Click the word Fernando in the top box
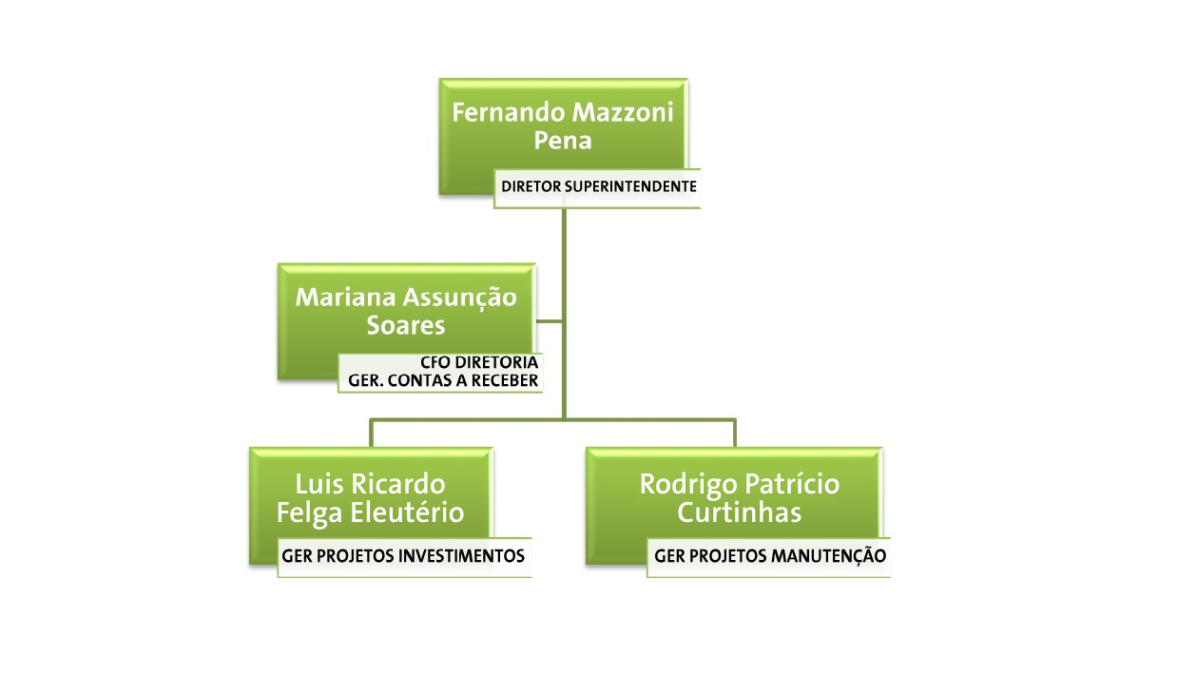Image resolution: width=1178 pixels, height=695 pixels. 509,112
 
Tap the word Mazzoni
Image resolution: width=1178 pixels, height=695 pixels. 623,112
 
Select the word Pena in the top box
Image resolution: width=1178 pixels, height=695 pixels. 563,141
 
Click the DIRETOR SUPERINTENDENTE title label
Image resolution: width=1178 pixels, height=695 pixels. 598,186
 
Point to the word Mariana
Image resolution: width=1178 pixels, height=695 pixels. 345,297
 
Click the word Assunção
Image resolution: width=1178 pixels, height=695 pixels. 460,299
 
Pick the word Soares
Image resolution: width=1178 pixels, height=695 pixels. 406,325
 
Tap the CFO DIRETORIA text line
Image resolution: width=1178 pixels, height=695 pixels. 479,363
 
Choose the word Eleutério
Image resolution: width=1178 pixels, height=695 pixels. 407,512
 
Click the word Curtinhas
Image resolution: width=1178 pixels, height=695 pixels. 740,512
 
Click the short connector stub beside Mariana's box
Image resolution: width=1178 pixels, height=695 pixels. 549,320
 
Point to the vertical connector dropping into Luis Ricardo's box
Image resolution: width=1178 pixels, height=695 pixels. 371,434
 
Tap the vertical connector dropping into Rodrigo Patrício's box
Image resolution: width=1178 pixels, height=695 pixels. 735,434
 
